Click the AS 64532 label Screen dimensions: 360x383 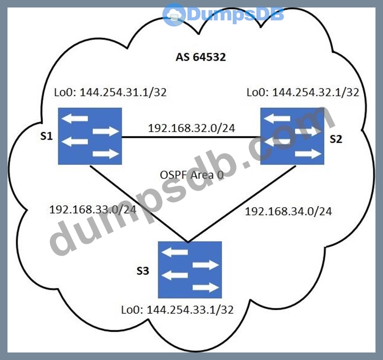point(201,57)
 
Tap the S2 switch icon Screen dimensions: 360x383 point(292,135)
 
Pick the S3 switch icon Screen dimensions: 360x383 point(190,269)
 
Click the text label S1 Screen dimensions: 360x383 point(47,137)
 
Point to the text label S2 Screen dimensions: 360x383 point(336,140)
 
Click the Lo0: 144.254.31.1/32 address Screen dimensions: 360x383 point(110,92)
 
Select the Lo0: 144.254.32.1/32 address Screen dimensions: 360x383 point(303,92)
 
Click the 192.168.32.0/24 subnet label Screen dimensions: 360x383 point(192,128)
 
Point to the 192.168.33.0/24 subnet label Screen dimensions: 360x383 point(92,209)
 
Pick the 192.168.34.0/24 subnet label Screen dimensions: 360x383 point(288,211)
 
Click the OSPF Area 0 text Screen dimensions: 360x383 point(191,175)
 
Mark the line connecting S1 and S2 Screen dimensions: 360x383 point(192,137)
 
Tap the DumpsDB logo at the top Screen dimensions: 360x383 point(223,14)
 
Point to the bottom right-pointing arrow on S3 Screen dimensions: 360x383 point(206,288)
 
